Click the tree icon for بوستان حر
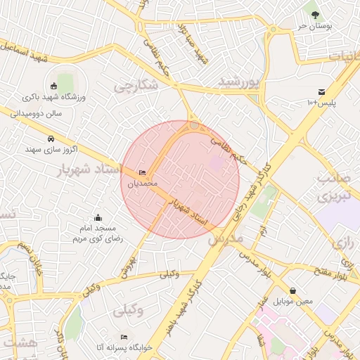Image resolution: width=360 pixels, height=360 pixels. (x=314, y=14)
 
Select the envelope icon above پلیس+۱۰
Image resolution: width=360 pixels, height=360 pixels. (x=321, y=92)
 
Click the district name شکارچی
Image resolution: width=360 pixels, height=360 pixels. (x=134, y=85)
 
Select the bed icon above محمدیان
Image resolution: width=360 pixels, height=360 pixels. (x=143, y=173)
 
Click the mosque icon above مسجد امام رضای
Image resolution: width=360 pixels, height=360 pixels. (x=98, y=217)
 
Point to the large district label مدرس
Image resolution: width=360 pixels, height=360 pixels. (x=225, y=238)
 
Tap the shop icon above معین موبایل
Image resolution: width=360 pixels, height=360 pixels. (x=292, y=290)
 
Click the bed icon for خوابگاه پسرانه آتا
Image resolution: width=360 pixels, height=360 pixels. (x=124, y=337)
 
